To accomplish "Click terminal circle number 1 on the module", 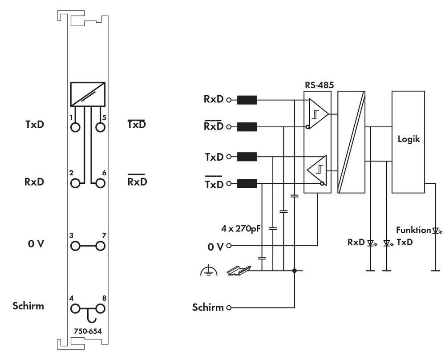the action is (x=75, y=127).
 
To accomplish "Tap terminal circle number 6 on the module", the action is (x=100, y=183).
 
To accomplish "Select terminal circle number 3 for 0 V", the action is (x=75, y=246).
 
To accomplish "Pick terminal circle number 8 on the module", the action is (x=100, y=309).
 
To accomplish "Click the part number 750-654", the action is (x=88, y=331).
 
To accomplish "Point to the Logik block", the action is (x=408, y=142).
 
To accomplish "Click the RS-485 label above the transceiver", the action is (x=319, y=85).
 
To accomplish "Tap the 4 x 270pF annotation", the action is (x=241, y=229).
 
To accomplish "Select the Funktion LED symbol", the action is (x=436, y=231).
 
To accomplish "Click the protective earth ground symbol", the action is (x=209, y=271).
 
